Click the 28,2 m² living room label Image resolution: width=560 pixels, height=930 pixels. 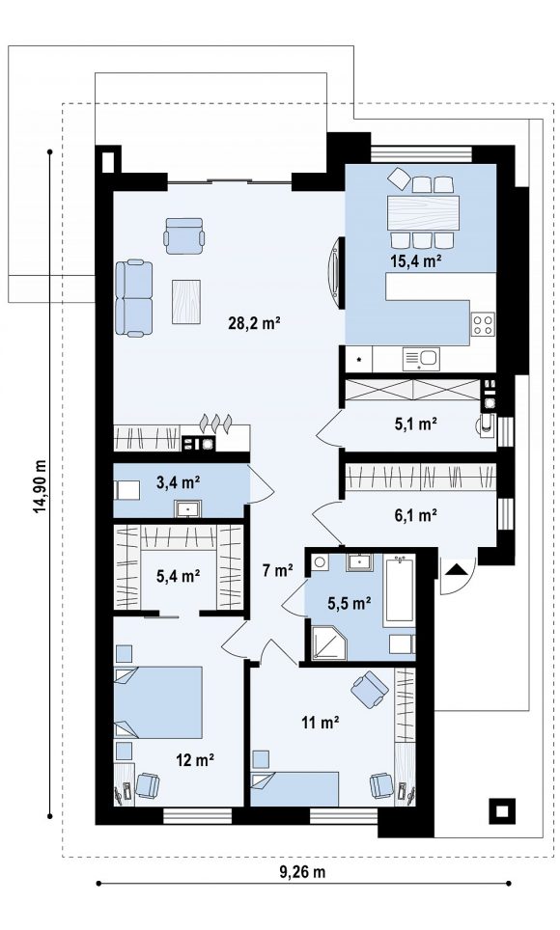pos(254,323)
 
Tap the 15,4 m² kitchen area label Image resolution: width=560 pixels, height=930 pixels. pos(414,260)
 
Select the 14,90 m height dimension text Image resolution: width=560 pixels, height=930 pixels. pos(40,486)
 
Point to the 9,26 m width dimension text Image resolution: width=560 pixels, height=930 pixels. pos(302,871)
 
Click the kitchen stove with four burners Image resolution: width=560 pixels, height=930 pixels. pos(483,324)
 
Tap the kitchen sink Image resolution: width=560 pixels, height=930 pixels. pos(420,359)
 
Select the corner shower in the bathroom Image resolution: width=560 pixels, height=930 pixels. pos(326,640)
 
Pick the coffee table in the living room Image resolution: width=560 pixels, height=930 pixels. pos(186,301)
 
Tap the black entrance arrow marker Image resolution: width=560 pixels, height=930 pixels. pos(456,570)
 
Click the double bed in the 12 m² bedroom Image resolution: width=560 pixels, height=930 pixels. pos(158,702)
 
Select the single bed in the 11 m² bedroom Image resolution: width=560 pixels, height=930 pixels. pos(294,788)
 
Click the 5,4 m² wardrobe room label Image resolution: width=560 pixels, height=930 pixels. pos(178,575)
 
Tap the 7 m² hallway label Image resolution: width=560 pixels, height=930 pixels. pos(278,570)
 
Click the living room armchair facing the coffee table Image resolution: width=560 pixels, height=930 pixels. pos(184,235)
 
